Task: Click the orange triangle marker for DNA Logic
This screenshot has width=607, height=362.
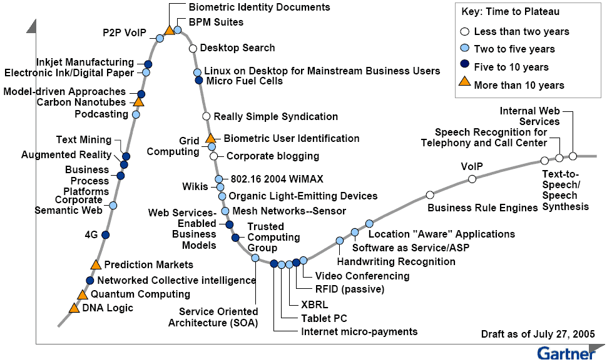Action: (74, 308)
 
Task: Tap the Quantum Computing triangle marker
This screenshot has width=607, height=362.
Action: (82, 294)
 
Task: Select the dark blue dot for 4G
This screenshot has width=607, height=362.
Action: (105, 234)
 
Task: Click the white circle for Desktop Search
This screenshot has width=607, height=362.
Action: (193, 48)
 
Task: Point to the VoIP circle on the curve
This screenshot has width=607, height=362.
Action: (472, 179)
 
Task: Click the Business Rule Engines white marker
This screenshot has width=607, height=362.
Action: (430, 195)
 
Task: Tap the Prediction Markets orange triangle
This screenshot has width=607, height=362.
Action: (96, 265)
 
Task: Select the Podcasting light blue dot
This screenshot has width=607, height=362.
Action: (136, 114)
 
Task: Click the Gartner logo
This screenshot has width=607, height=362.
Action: (566, 353)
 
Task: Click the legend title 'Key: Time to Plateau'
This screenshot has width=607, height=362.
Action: (511, 12)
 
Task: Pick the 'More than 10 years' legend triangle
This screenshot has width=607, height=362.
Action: (464, 84)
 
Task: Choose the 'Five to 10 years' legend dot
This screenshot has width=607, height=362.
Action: (464, 67)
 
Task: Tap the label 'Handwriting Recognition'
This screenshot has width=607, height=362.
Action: (396, 261)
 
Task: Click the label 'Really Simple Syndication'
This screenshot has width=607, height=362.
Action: (275, 116)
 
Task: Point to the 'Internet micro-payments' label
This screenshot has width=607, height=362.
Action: (359, 331)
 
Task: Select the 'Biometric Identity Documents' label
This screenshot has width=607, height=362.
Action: (259, 8)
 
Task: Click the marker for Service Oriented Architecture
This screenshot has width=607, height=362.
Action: (255, 258)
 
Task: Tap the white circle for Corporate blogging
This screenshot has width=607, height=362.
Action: (214, 156)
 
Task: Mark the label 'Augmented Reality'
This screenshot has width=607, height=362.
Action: (66, 154)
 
